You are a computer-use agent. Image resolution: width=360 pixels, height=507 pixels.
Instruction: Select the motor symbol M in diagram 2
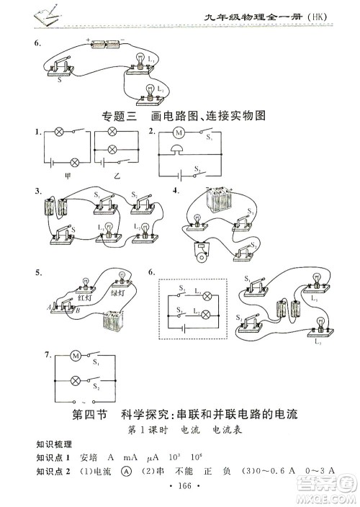(x=179, y=133)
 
